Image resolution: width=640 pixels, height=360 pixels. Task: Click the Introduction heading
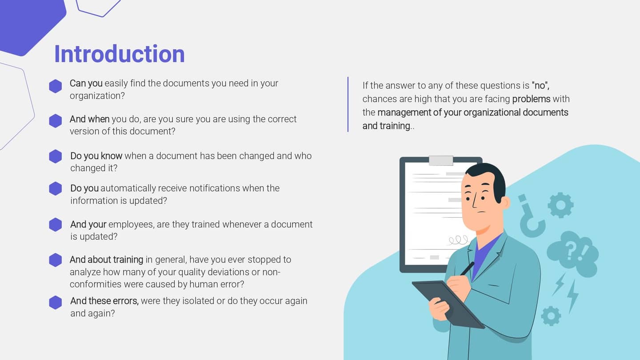coord(119,54)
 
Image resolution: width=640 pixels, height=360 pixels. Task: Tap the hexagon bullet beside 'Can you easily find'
coord(56,86)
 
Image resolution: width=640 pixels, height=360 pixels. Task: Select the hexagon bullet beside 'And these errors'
coord(56,302)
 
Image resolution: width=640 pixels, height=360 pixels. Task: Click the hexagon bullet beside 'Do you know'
coord(56,156)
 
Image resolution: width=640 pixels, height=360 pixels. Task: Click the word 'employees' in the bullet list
coord(131,224)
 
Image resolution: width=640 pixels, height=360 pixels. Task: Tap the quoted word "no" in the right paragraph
coord(540,85)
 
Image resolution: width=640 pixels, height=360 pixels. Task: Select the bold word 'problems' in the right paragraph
coord(531,99)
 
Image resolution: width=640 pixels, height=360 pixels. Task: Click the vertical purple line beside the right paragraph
coord(348,104)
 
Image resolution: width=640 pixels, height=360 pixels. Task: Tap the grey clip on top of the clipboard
coord(441,160)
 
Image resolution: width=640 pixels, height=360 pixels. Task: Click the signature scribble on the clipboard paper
coord(458,240)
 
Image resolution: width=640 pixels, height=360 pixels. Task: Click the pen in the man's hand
coord(467,268)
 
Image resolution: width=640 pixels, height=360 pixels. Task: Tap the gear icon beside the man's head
coord(560,205)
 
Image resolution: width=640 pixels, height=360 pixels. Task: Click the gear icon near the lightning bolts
coord(551,316)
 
